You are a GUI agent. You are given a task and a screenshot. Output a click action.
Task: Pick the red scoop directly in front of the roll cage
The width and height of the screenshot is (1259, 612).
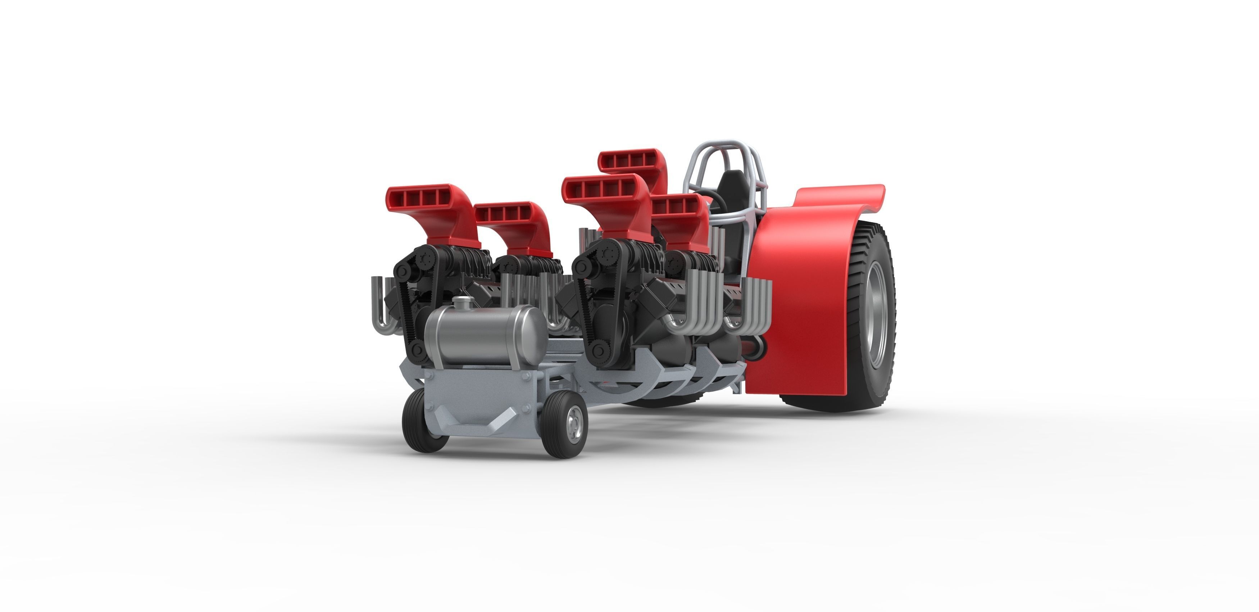coord(680,208)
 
